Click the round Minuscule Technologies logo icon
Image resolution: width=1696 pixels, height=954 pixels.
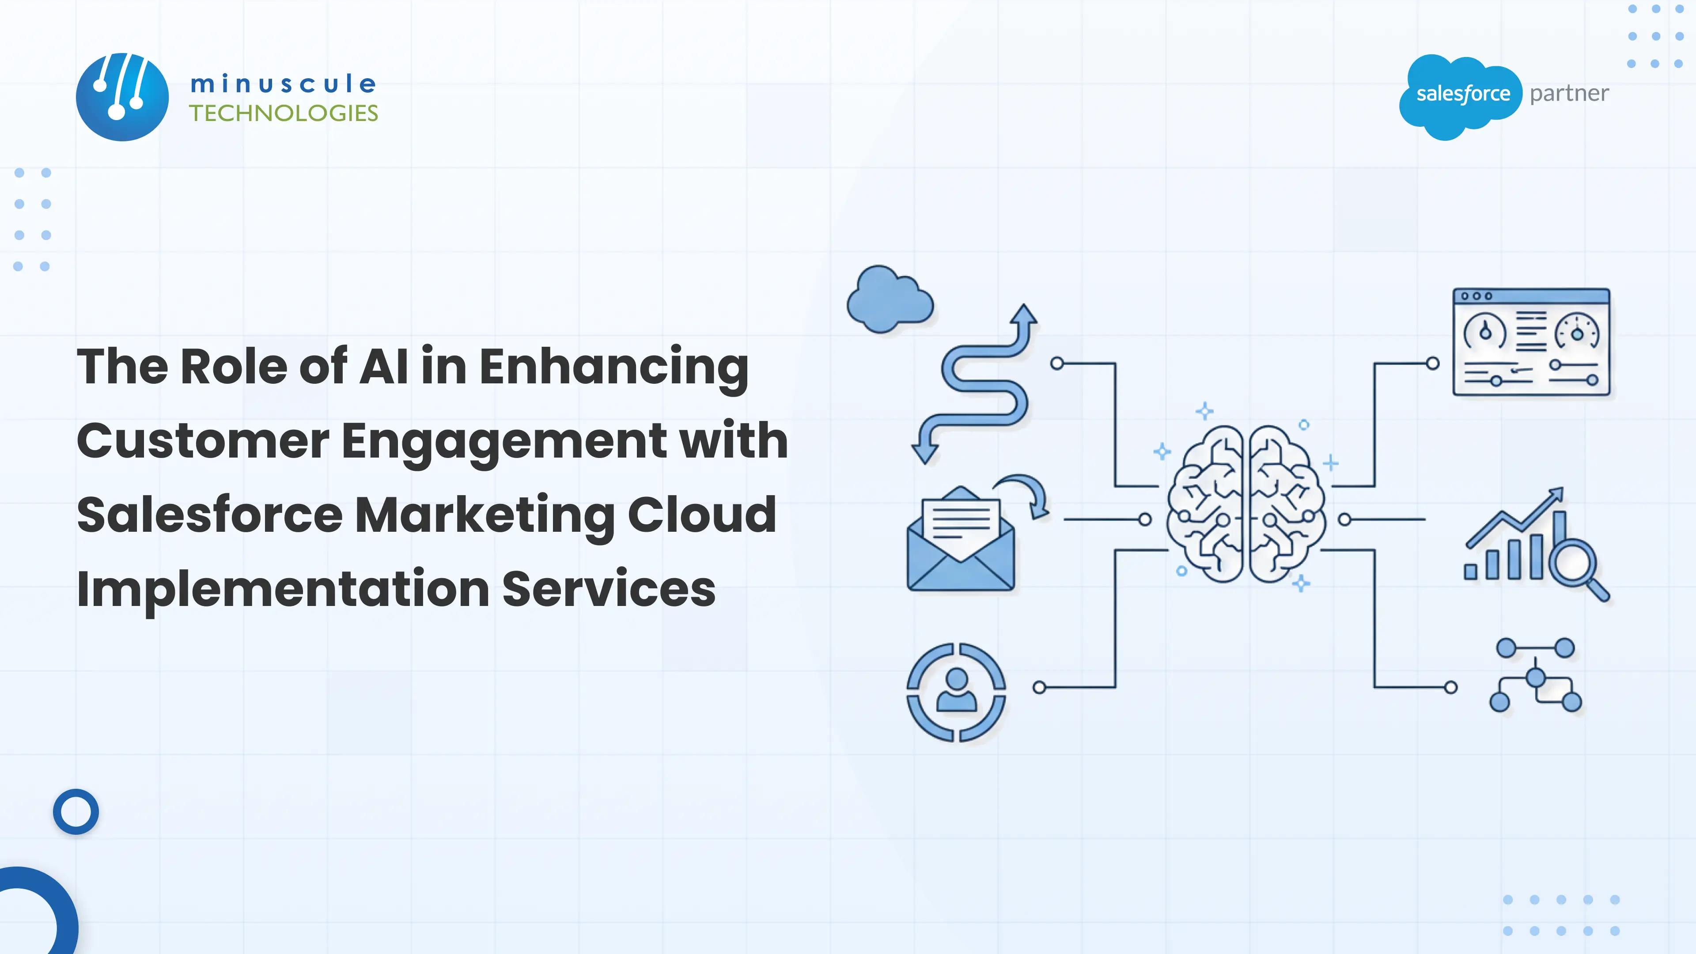[122, 98]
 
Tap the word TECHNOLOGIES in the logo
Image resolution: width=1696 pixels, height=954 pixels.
[284, 113]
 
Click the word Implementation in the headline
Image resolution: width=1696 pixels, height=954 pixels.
[283, 589]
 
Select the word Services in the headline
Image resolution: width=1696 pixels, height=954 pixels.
[609, 589]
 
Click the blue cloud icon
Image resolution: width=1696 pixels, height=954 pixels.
[890, 299]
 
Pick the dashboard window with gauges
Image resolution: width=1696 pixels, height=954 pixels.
[1531, 342]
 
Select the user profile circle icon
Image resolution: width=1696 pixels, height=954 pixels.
[956, 692]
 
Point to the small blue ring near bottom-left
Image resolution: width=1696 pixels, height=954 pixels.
[76, 811]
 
